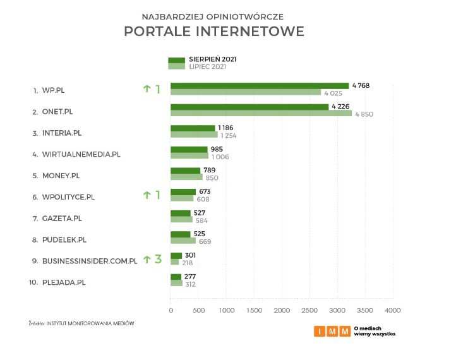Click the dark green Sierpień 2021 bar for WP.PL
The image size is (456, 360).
[x=259, y=86]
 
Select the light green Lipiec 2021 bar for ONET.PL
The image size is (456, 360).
[x=261, y=114]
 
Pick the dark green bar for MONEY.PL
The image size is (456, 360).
[x=185, y=171]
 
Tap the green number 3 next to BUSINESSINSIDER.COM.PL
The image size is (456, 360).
[x=158, y=259]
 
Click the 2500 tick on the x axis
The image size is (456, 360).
[x=309, y=310]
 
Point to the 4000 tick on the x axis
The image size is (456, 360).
[x=393, y=310]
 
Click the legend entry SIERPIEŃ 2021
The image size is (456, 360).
[x=217, y=59]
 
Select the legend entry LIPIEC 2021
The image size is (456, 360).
[x=207, y=66]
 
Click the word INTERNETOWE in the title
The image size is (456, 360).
[x=256, y=31]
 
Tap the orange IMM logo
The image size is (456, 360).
[x=332, y=331]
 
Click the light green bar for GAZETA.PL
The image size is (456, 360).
[x=181, y=220]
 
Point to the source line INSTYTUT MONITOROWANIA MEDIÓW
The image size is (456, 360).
[x=90, y=323]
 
